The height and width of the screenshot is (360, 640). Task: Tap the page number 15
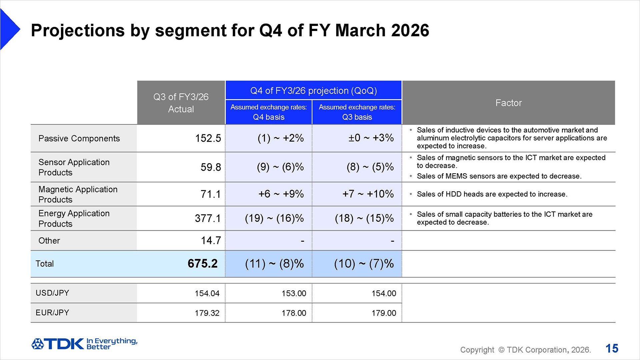(612, 349)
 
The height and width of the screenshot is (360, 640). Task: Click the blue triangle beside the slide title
(9, 29)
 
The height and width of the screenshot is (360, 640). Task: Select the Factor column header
(508, 103)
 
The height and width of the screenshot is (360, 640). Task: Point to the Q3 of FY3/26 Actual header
(181, 103)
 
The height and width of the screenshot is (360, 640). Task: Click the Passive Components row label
(79, 138)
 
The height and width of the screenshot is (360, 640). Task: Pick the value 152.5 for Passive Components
(208, 138)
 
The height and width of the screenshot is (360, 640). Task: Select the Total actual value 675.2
(203, 263)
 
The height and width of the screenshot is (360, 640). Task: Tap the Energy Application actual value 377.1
(208, 218)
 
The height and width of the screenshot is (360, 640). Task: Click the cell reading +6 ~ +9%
(281, 194)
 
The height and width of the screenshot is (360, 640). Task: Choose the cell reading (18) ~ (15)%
(364, 218)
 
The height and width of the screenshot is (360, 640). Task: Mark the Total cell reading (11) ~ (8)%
(274, 264)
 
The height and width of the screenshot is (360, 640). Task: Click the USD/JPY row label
(52, 293)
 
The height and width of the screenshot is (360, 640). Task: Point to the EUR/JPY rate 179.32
(207, 313)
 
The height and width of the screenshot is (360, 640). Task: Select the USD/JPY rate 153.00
(294, 293)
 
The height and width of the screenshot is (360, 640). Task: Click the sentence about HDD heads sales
(492, 194)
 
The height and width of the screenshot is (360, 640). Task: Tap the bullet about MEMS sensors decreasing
(499, 176)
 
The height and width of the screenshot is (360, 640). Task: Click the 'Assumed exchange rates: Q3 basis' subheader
(357, 112)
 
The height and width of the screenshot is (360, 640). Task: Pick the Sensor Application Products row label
(74, 167)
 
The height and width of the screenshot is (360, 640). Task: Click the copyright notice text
(525, 350)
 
